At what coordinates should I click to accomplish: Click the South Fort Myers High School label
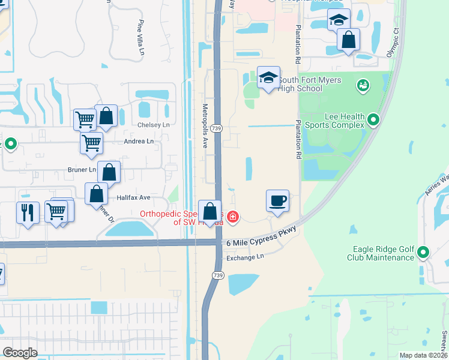click(310, 84)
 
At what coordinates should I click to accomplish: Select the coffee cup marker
click(278, 201)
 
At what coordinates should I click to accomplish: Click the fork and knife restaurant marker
click(28, 212)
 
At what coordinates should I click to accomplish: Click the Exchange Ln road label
click(245, 257)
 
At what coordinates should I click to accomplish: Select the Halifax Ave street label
click(133, 197)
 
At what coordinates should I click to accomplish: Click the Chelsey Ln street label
click(154, 125)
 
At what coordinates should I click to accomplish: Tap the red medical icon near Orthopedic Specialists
click(232, 217)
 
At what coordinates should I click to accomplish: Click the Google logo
click(20, 352)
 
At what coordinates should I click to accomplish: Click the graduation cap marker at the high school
click(268, 77)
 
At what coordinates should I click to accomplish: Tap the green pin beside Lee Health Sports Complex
click(373, 120)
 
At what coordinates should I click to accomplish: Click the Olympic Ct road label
click(396, 38)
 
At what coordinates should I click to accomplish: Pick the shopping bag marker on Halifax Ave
click(96, 195)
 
